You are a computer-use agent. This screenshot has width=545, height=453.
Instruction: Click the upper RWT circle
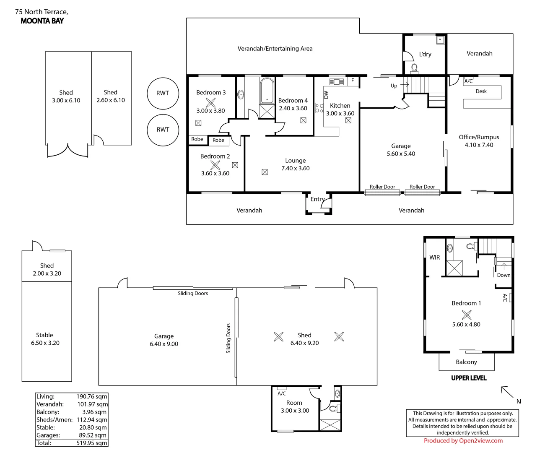coord(163,93)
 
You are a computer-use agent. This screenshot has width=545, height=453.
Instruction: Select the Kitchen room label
coord(340,106)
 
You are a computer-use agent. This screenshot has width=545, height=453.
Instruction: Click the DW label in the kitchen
coord(326,95)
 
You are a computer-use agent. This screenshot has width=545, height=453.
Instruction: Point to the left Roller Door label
coord(382,187)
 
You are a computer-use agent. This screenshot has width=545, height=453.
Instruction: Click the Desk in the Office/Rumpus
coord(481,91)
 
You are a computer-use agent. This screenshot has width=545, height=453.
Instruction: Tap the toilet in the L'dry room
coord(415,68)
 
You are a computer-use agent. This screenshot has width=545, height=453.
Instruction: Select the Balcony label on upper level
coord(466,362)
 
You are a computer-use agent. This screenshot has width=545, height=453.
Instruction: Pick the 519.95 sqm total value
coord(92,443)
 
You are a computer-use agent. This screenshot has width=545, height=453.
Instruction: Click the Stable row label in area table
coord(45,427)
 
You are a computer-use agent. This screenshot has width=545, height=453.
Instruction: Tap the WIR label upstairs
coord(435,257)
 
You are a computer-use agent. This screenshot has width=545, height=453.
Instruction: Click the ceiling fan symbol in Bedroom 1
coord(466,314)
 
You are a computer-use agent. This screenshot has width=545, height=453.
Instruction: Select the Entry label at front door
coord(317,199)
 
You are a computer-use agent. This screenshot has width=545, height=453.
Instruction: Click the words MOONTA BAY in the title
coord(42,21)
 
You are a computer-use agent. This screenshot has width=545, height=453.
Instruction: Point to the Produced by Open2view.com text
coord(463,440)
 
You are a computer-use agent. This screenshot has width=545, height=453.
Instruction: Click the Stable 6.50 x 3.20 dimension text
coord(45,343)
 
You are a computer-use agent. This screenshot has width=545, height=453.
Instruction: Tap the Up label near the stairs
coord(394,86)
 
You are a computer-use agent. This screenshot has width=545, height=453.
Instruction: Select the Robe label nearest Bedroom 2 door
coord(218,141)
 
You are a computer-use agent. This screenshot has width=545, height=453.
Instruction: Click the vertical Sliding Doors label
coord(228,338)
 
